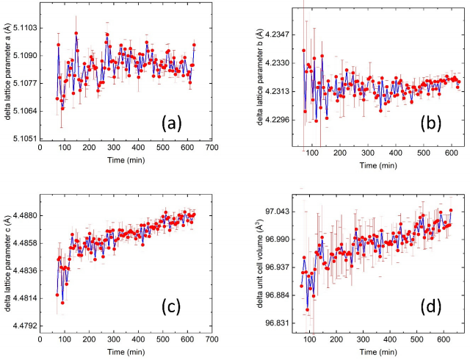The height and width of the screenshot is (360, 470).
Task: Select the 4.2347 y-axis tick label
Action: [278, 35]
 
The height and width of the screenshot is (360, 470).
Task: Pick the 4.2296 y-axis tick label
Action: [278, 119]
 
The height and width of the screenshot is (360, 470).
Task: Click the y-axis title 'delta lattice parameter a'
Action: [6, 81]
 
